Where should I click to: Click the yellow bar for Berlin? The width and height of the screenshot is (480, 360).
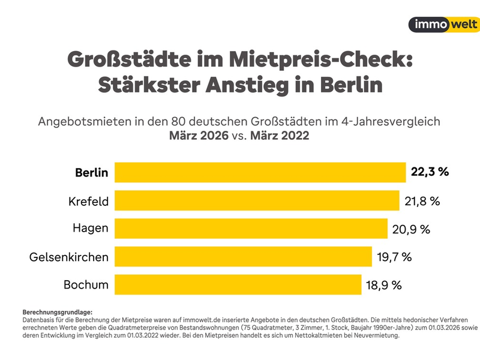260,172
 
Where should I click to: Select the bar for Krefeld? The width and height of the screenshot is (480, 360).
257,200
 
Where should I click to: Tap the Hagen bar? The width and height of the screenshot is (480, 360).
251,228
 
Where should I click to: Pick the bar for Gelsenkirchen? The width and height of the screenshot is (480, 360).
243,256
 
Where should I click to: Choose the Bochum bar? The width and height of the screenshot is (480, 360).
238,284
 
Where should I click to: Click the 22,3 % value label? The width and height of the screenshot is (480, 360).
430,172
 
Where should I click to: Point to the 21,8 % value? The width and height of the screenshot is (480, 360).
422,201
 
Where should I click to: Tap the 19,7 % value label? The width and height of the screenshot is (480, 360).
394,257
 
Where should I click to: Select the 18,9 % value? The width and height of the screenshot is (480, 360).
383,285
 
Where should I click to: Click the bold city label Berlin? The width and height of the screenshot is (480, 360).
92,173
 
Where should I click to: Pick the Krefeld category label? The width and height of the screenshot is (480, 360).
88,201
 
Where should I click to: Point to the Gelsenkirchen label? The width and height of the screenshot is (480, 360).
69,257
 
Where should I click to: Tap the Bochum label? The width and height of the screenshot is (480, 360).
86,285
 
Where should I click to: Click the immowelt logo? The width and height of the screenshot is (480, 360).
443,24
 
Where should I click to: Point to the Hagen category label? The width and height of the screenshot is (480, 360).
90,229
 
